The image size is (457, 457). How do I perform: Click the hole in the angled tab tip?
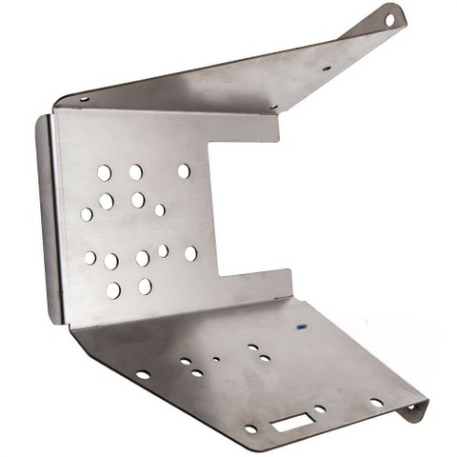pos(389,16)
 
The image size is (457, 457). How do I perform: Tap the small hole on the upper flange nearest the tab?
pos(326,69)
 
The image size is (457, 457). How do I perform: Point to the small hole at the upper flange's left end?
pos(83,98)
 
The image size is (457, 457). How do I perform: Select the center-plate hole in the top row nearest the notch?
pos(184,170)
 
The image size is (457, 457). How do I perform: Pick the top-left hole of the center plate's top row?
pos(104,172)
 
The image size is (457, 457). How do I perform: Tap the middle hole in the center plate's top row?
pos(135,171)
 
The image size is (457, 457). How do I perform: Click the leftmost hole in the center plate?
pos(87,214)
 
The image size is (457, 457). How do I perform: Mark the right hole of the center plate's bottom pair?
pos(145,286)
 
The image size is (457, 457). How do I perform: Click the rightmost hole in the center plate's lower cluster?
pos(190,253)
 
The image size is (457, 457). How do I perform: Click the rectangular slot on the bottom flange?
pos(289,418)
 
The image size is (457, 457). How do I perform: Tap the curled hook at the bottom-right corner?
pos(416,410)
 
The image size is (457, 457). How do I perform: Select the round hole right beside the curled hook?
pos(376,403)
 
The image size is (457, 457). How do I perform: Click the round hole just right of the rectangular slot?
pos(320,409)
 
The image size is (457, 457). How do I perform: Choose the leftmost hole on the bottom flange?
pos(142,375)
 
